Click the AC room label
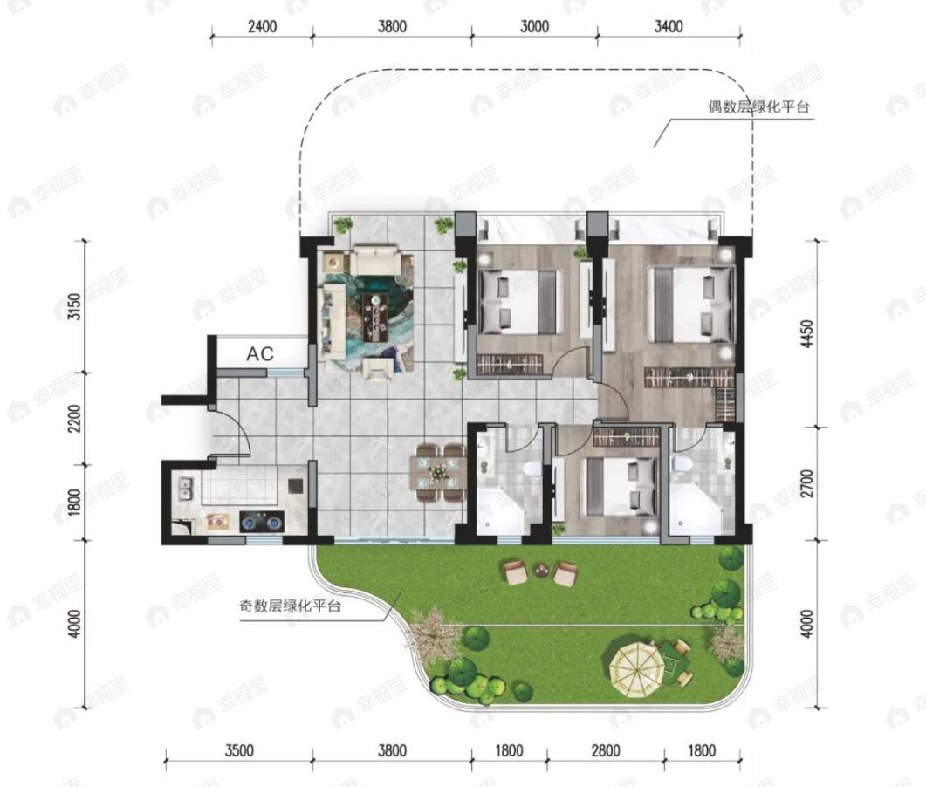click(260, 353)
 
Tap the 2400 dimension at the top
click(262, 26)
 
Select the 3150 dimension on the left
click(74, 307)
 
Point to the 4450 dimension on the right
click(807, 333)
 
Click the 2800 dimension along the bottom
click(606, 750)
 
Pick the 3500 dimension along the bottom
click(239, 750)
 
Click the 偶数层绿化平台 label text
click(758, 106)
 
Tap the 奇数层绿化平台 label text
click(290, 606)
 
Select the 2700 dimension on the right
click(807, 483)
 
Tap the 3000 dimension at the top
click(534, 26)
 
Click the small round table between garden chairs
click(541, 571)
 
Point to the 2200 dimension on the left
click(74, 419)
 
